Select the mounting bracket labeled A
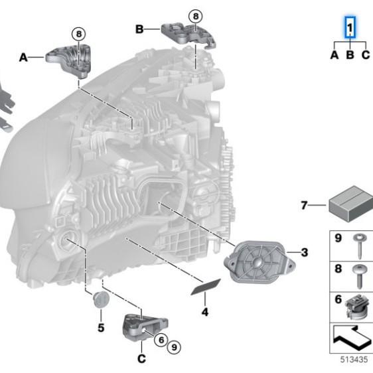[70, 60]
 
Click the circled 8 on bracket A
[78, 33]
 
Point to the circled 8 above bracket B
[194, 15]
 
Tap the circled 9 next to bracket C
[174, 345]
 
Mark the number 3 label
[304, 252]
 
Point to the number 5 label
[101, 327]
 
